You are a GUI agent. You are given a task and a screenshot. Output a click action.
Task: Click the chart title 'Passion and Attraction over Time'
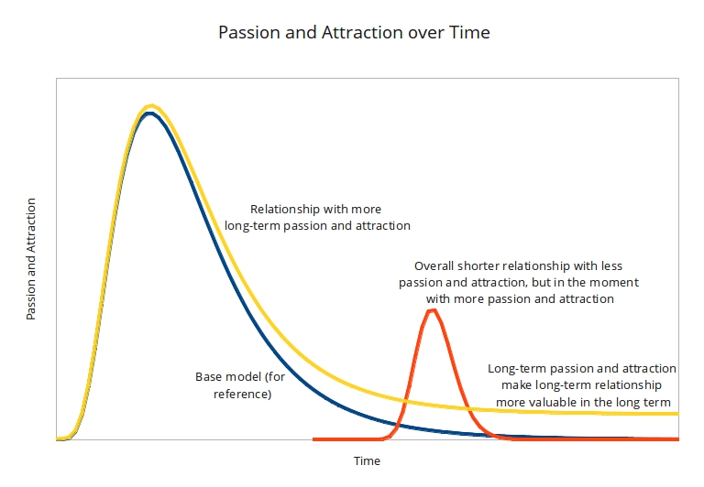point(354,33)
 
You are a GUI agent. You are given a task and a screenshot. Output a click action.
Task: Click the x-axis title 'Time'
point(367,460)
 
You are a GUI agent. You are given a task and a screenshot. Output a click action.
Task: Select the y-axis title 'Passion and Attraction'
point(31,259)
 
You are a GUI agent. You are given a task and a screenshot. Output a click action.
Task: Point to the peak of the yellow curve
point(151,106)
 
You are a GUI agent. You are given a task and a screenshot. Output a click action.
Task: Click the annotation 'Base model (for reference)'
point(234,385)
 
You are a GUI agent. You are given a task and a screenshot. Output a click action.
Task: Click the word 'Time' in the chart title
point(471,33)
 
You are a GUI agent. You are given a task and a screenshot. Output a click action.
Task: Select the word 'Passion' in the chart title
point(247,33)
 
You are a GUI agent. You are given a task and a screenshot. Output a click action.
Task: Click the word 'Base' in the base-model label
point(208,376)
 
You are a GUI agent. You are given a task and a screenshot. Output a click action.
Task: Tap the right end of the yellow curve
point(676,414)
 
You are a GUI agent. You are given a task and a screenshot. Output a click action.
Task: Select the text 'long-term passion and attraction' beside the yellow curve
point(317,225)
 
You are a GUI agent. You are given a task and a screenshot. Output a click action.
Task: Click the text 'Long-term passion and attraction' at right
point(582,368)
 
